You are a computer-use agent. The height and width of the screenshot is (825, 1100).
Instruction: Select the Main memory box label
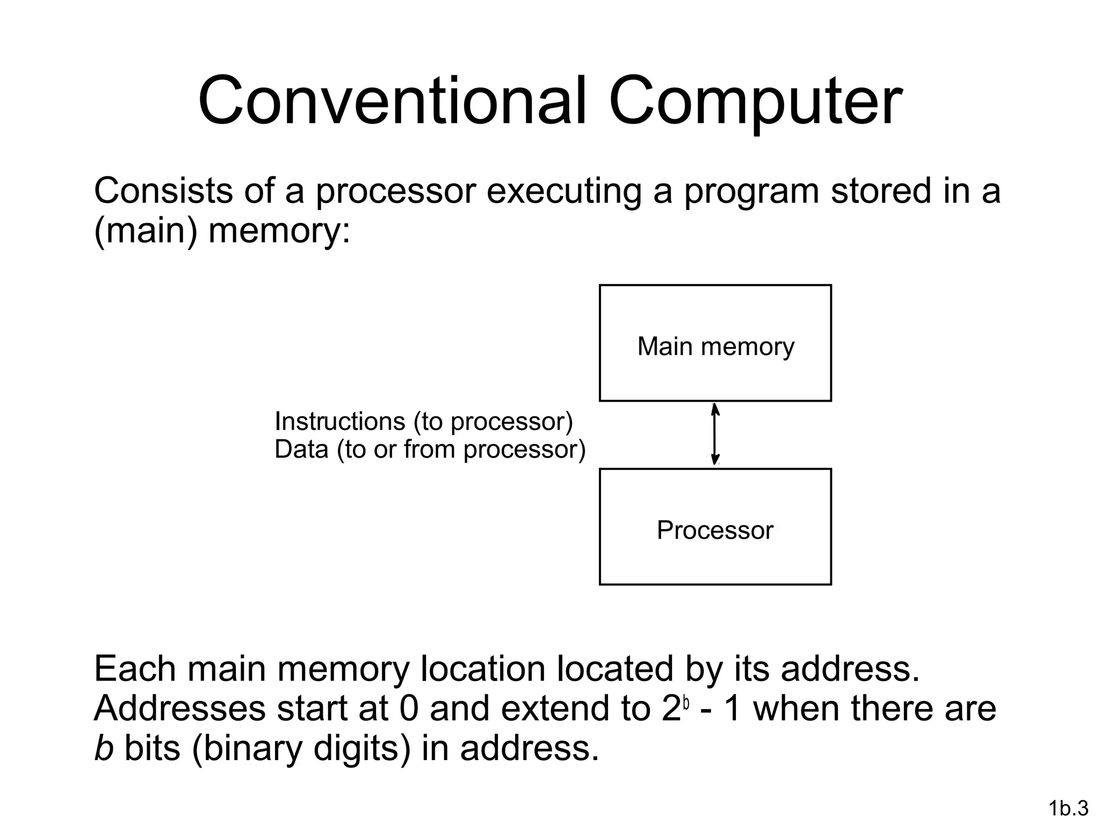coord(715,346)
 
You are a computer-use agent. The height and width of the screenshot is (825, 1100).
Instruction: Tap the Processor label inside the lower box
coord(715,531)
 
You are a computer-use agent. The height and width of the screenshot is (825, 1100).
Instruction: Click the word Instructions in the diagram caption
coord(339,422)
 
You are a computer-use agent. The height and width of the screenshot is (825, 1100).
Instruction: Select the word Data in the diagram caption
coord(301,450)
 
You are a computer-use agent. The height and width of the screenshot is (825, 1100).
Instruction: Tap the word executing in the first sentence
coord(564,191)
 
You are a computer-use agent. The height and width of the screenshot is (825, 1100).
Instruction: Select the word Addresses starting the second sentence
coord(180,708)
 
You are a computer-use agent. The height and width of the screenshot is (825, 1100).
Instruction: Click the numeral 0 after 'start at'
coord(409,708)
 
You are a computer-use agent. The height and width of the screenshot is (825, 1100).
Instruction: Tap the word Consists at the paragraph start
coord(163,191)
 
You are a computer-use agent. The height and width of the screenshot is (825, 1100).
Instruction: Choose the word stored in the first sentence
coord(881,191)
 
